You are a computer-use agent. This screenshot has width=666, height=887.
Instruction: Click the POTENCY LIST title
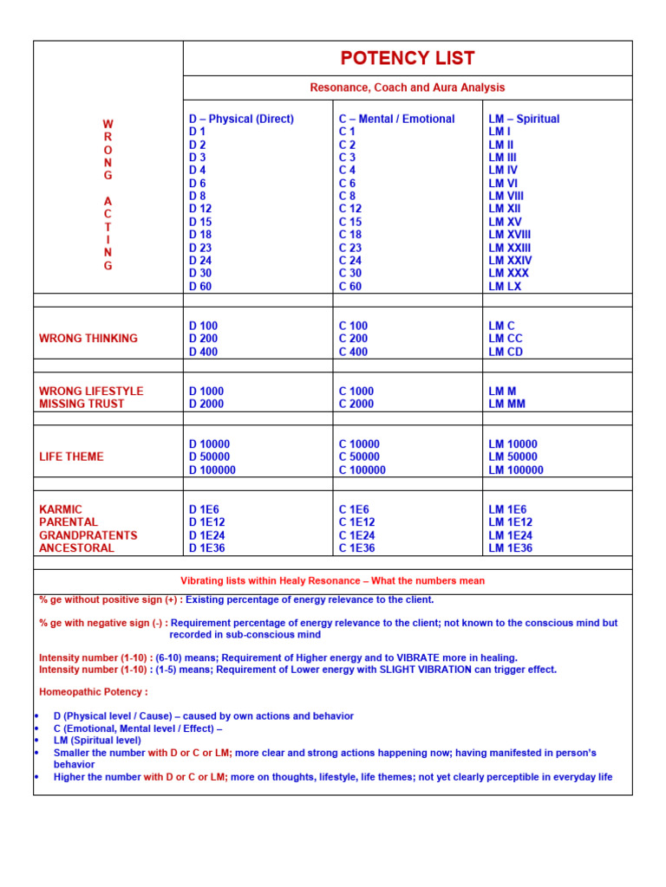[x=408, y=58]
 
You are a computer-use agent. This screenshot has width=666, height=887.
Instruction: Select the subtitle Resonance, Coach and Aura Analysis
[x=408, y=87]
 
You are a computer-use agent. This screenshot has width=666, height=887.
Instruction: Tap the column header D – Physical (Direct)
[x=241, y=119]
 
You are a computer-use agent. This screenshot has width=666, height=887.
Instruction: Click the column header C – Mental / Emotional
[x=396, y=119]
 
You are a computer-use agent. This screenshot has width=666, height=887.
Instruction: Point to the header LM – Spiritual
[x=524, y=119]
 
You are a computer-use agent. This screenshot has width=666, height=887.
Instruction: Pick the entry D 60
[x=200, y=287]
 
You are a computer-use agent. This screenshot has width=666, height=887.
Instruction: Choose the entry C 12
[x=350, y=209]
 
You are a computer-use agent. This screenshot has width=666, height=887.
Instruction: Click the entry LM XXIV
[x=510, y=261]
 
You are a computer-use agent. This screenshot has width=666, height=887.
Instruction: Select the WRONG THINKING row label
[x=88, y=339]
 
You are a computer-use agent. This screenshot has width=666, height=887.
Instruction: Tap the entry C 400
[x=353, y=352]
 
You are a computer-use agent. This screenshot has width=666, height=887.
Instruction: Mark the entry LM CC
[x=506, y=339]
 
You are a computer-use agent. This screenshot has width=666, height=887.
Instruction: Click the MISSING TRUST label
[x=82, y=404]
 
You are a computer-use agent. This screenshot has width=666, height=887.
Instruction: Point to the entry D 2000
[x=206, y=404]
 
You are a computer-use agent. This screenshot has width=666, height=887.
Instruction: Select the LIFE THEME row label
[x=71, y=456]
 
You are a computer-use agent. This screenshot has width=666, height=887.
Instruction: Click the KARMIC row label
[x=61, y=509]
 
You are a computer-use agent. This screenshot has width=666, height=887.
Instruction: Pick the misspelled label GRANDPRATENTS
[x=88, y=535]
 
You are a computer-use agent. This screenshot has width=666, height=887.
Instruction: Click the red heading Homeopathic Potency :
[x=94, y=692]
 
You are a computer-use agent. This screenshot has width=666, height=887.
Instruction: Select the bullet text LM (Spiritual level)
[x=97, y=741]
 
